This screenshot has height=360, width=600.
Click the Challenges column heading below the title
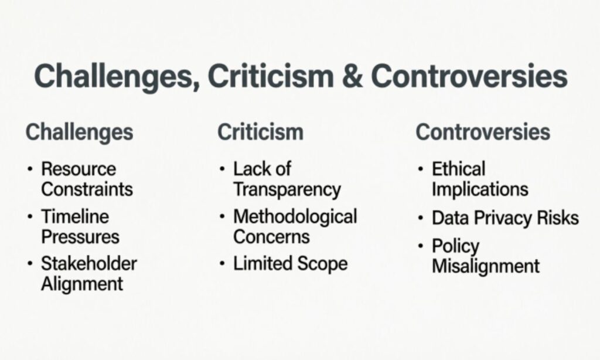click(79, 132)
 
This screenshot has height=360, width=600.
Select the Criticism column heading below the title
click(260, 132)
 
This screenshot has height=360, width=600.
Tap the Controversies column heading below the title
click(483, 132)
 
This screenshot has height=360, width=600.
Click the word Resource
click(79, 169)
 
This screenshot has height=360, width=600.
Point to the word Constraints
click(87, 189)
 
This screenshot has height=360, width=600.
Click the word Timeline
click(75, 216)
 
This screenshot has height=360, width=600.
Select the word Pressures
click(80, 236)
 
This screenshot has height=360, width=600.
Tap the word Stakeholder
click(88, 263)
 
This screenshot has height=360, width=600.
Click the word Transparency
click(287, 189)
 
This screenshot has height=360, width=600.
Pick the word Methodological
click(295, 216)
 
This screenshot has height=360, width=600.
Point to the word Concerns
click(271, 236)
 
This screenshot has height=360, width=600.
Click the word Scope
click(322, 263)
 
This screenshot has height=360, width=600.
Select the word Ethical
click(459, 169)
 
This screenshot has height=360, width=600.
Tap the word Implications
click(480, 189)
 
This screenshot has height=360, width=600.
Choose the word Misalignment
click(486, 266)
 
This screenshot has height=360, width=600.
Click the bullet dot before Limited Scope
click(222, 264)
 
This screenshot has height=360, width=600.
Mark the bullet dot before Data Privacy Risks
click(421, 218)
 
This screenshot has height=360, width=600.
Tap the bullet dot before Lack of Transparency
click(222, 169)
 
